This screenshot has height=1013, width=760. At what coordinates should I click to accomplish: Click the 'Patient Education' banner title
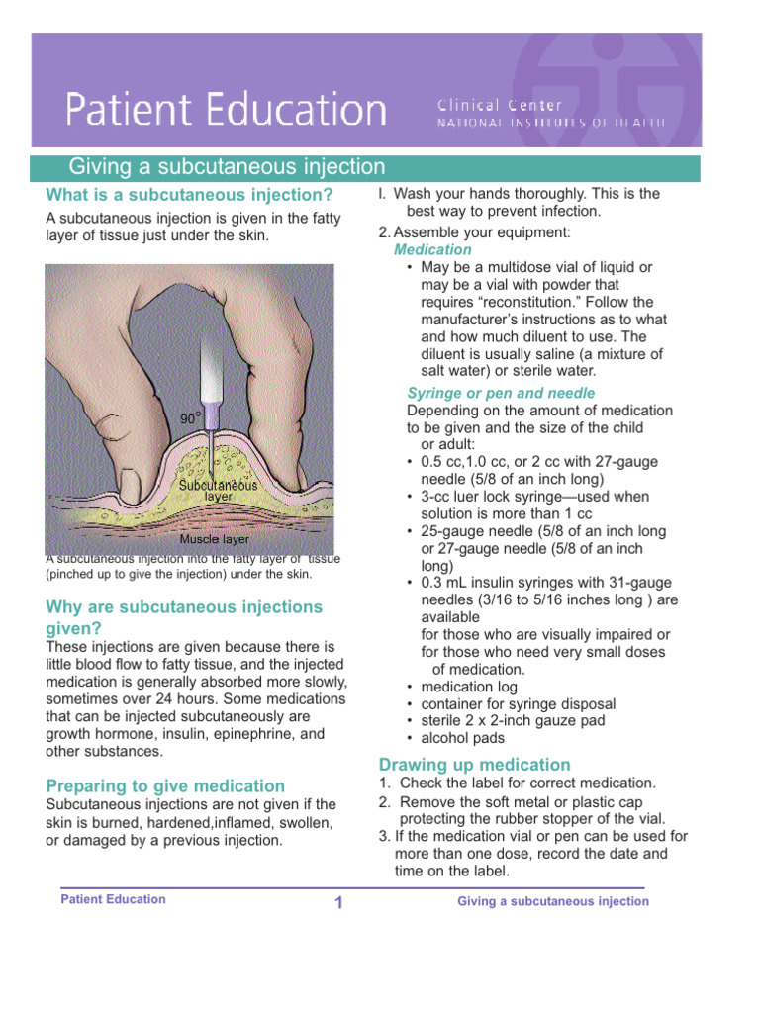pyautogui.click(x=226, y=109)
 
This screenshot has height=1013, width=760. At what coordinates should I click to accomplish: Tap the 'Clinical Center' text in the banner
pyautogui.click(x=499, y=105)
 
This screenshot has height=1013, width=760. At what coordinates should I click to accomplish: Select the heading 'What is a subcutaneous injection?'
pyautogui.click(x=189, y=194)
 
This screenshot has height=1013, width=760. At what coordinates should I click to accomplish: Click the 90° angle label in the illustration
pyautogui.click(x=191, y=418)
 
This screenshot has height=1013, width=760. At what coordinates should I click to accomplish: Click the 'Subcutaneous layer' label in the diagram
pyautogui.click(x=218, y=491)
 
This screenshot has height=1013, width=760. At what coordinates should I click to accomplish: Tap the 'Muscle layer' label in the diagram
pyautogui.click(x=214, y=541)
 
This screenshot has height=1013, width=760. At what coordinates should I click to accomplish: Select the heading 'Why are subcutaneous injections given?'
pyautogui.click(x=184, y=616)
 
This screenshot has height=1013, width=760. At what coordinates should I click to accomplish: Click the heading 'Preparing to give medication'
pyautogui.click(x=165, y=785)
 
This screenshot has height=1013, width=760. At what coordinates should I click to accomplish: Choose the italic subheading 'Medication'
pyautogui.click(x=432, y=250)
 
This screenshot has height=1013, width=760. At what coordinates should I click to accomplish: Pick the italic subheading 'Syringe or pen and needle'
pyautogui.click(x=501, y=393)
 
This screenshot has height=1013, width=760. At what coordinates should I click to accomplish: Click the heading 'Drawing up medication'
pyautogui.click(x=474, y=764)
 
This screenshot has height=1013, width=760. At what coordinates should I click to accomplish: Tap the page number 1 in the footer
pyautogui.click(x=337, y=902)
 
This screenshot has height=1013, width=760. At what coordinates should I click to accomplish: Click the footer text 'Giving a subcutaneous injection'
pyautogui.click(x=552, y=901)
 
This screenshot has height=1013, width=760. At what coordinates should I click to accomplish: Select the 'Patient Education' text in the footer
pyautogui.click(x=113, y=899)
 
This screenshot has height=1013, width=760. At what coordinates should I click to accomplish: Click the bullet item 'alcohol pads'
pyautogui.click(x=462, y=738)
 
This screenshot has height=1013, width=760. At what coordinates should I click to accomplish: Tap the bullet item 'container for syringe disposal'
pyautogui.click(x=518, y=703)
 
